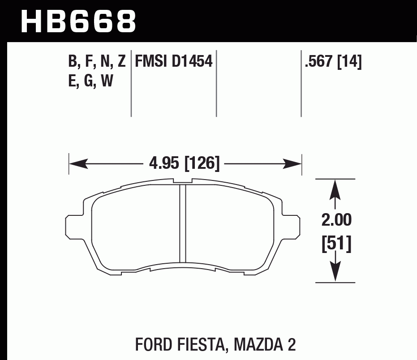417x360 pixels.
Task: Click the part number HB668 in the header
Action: point(78,20)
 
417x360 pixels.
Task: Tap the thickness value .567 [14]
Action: point(332,61)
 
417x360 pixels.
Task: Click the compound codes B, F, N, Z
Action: point(97,61)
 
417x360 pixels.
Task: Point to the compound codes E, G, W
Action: point(90,81)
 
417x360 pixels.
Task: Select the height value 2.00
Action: point(336,220)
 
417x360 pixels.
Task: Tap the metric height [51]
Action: point(336,244)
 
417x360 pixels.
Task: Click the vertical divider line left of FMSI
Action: point(131,83)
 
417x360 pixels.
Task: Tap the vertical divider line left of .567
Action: point(301,83)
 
